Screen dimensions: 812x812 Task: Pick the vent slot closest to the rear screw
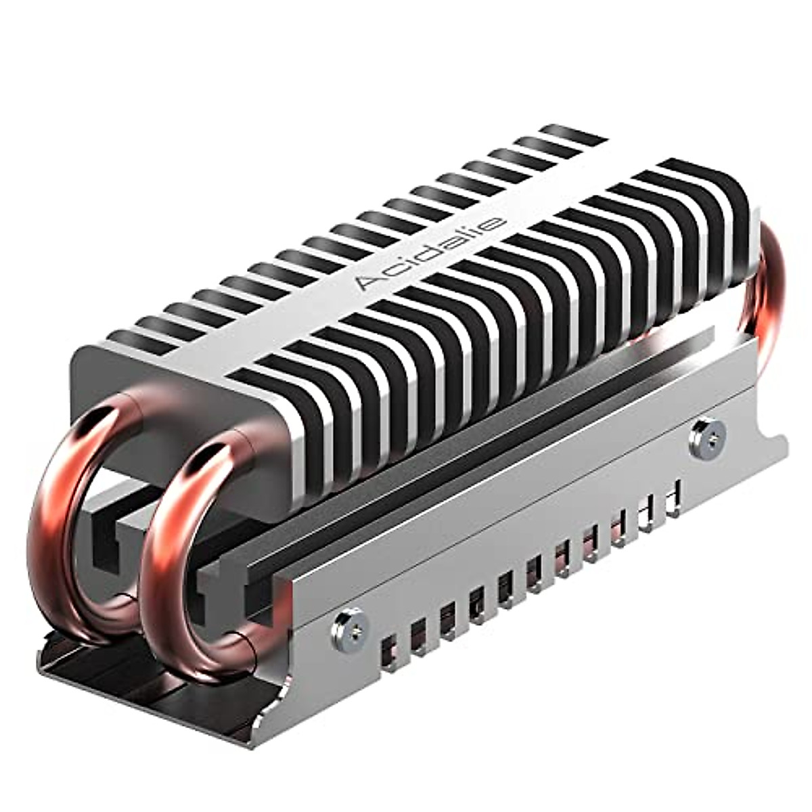click(673, 497)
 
